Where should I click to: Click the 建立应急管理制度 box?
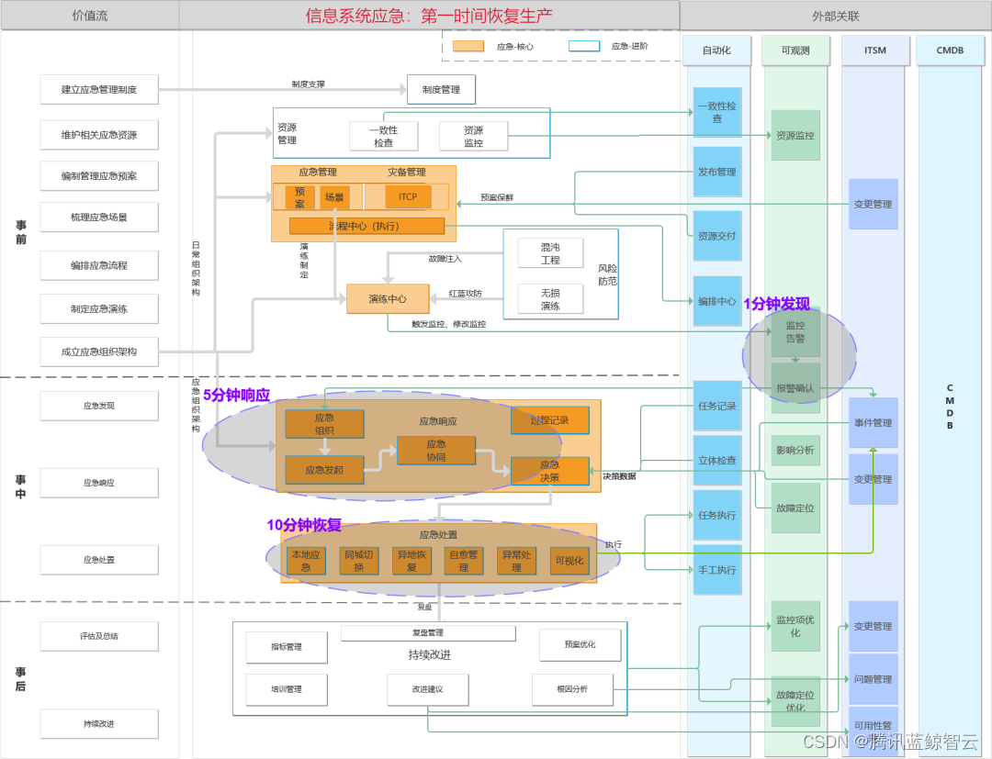pos(99,90)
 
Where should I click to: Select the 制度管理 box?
pos(441,90)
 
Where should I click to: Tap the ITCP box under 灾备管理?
pos(408,196)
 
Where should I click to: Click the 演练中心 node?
pos(388,299)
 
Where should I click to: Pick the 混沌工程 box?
pos(550,253)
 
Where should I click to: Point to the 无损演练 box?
pos(550,299)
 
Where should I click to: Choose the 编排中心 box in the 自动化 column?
pos(716,301)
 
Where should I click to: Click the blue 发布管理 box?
pos(716,172)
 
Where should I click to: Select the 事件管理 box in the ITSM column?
pos(873,423)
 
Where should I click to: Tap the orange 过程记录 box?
pos(549,421)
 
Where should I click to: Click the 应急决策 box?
pos(549,471)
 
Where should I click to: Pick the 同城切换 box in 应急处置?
pos(359,561)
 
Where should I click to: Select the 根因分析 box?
pos(572,689)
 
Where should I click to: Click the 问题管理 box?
pos(873,680)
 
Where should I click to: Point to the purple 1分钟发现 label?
pos(776,304)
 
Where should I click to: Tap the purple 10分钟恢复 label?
pos(304,525)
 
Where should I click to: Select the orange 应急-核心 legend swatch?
pos(468,46)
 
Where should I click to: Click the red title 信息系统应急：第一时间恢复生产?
pos(429,16)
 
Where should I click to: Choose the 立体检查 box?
pos(716,460)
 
